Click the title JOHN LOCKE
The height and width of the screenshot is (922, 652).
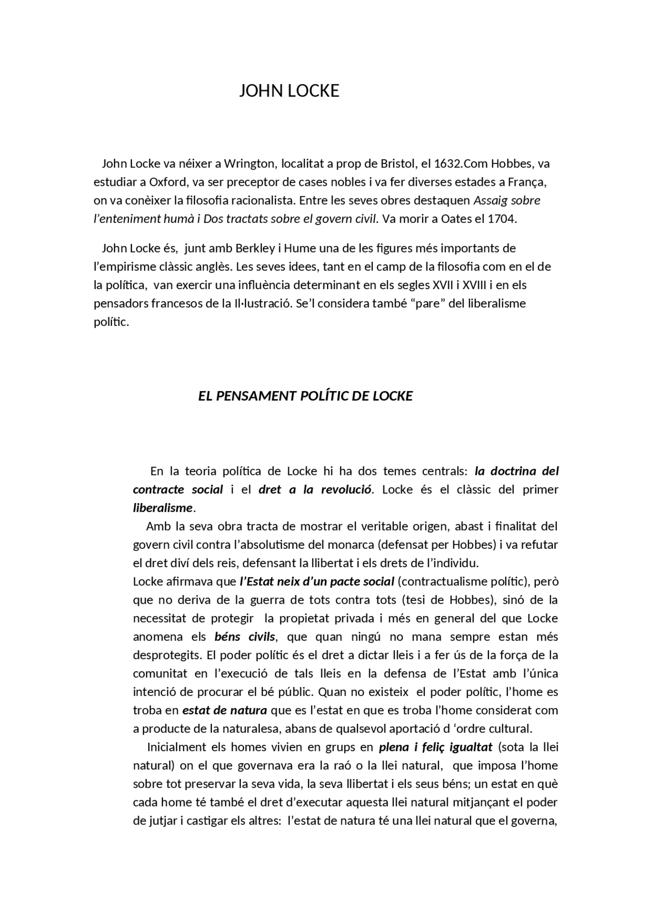pos(289,91)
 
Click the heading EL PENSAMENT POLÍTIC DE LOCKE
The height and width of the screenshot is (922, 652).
pos(305,396)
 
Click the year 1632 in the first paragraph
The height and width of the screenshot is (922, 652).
pos(447,164)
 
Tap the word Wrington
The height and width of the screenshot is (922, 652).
pos(249,164)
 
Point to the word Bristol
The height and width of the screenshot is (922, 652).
pos(396,164)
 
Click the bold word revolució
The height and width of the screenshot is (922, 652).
pos(346,490)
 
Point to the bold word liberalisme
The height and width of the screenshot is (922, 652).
pos(163,508)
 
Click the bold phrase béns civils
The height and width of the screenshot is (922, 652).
pos(244,637)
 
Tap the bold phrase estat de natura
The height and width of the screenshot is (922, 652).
pos(225,710)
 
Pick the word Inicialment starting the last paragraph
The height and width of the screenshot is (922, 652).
pos(176,747)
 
